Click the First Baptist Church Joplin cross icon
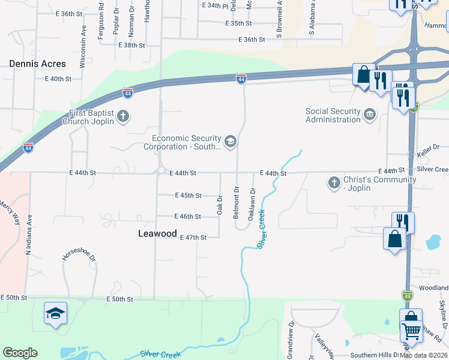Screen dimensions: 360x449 tap(123, 116)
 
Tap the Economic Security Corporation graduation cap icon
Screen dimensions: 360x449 tap(230, 141)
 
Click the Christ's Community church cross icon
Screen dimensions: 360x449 tap(334, 182)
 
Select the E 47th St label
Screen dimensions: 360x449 tap(193, 238)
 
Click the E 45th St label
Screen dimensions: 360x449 tap(188, 195)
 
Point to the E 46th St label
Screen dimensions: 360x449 tap(187, 217)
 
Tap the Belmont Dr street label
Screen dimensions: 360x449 tap(236, 205)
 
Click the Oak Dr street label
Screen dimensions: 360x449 tap(220, 206)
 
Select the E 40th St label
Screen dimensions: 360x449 tap(58, 79)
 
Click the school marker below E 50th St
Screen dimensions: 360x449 tap(55, 314)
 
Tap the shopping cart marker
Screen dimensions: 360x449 tap(411, 331)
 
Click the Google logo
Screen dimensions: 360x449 tap(20, 353)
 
